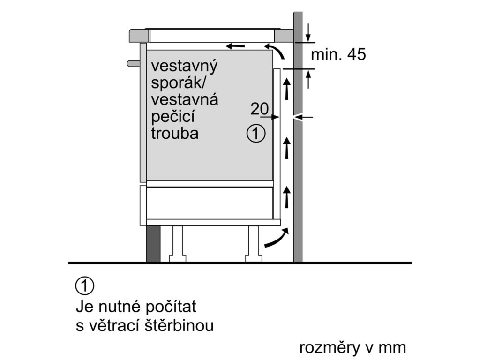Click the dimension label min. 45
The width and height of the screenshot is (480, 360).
[338, 55]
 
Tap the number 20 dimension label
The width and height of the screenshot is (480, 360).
[259, 109]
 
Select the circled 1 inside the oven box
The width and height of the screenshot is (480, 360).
[255, 134]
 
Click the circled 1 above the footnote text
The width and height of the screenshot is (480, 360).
[84, 285]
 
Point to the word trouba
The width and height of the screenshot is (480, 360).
[175, 133]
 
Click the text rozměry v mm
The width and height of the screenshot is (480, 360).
[352, 348]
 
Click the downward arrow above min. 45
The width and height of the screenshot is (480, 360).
[308, 33]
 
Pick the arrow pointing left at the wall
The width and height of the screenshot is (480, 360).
[302, 116]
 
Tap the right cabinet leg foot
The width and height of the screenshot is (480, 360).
[254, 257]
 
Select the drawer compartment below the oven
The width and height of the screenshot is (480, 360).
[210, 202]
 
